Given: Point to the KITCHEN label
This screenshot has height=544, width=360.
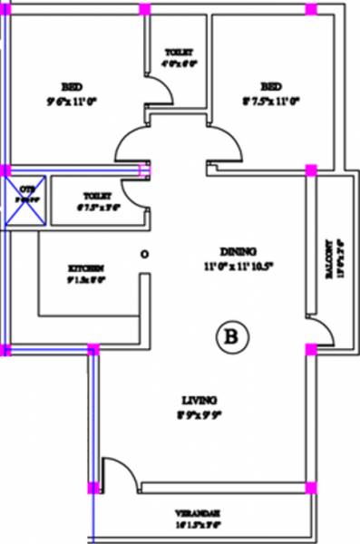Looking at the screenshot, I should pos(87,268).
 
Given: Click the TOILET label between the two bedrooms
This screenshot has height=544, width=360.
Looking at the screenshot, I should pos(179,51).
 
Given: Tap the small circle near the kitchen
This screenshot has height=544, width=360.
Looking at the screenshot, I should pos(142,256).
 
